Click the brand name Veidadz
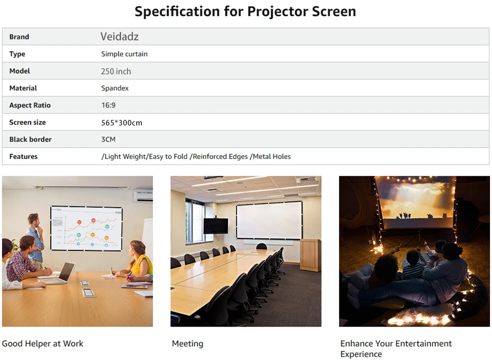[120, 37]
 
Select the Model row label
[20, 71]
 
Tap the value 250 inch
[116, 71]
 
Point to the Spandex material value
[115, 88]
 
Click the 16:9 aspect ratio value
[108, 105]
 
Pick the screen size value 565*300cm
[122, 122]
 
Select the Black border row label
[31, 139]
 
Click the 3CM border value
[108, 139]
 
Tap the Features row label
[23, 156]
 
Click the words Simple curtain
[124, 54]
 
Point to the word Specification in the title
[177, 12]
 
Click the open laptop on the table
[61, 273]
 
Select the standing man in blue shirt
[35, 240]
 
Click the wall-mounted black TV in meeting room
[215, 226]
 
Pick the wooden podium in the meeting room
[310, 255]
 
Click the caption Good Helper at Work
[43, 344]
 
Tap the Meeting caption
[187, 344]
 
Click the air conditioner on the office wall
[143, 196]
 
